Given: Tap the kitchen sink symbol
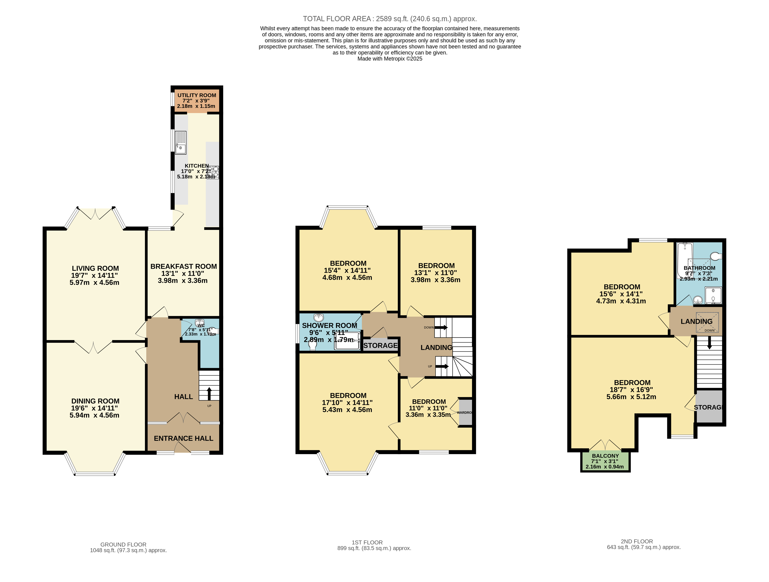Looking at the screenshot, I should (x=180, y=143).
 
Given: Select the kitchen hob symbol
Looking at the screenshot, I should (x=213, y=172).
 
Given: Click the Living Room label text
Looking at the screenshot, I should (x=95, y=268).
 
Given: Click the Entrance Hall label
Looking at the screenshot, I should (x=183, y=439).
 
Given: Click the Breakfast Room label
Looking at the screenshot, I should (x=183, y=266).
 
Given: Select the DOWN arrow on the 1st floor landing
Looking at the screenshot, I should (x=441, y=327).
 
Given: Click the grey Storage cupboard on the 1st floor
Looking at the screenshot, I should (x=380, y=345).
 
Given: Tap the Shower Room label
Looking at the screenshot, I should (x=329, y=325).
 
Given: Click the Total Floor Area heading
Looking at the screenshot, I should (x=389, y=19).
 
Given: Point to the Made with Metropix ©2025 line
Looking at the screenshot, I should (x=389, y=59).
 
